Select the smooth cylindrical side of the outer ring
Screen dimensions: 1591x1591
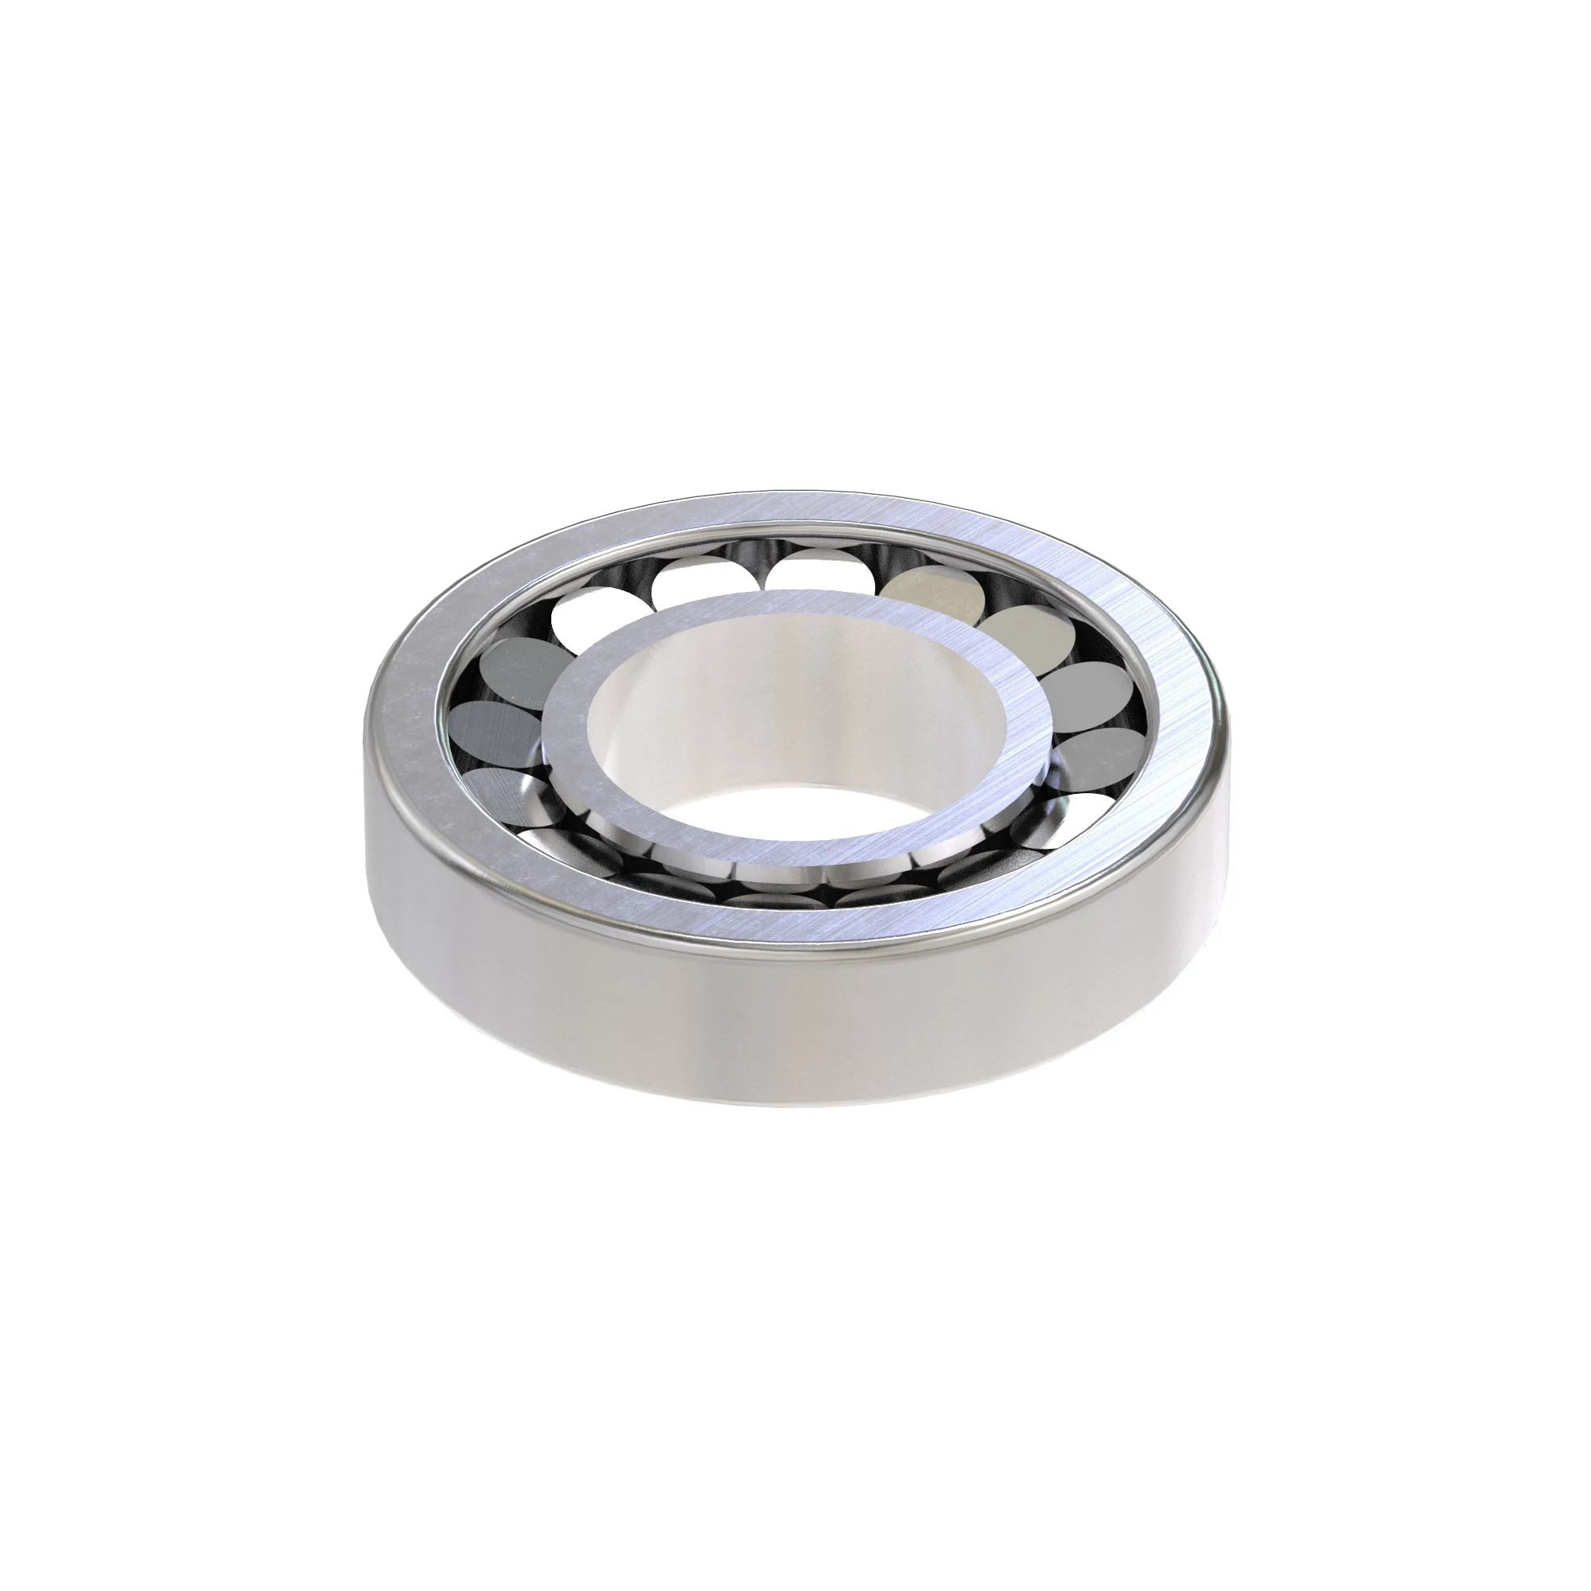(x=791, y=1029)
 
